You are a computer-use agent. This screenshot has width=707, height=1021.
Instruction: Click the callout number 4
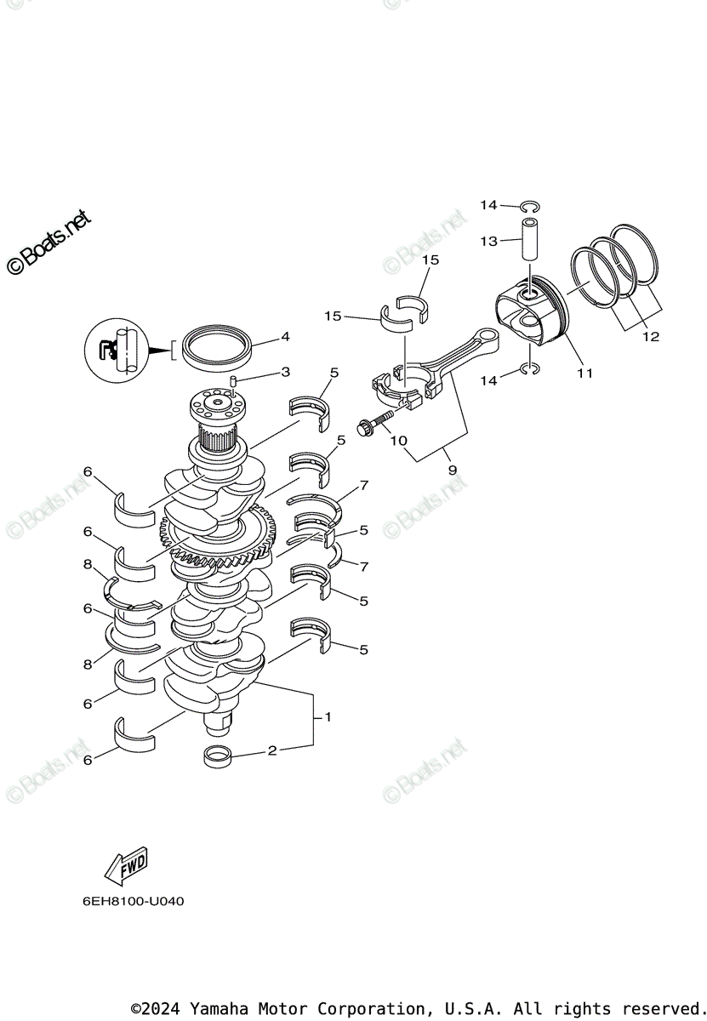click(285, 337)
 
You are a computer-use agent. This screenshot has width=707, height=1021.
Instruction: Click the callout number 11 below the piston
click(584, 372)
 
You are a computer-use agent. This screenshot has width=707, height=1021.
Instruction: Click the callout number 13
click(488, 242)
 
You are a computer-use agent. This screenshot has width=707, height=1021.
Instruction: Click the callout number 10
click(397, 441)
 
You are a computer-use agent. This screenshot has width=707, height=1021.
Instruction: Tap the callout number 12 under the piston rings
click(651, 337)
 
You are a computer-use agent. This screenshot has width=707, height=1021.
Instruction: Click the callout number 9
click(452, 470)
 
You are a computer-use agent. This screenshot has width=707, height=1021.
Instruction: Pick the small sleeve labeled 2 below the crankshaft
click(219, 755)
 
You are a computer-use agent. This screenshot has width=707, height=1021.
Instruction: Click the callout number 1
click(328, 717)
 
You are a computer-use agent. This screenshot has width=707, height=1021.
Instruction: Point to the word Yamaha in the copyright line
click(217, 1009)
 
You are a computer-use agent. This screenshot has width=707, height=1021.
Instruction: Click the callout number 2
click(272, 750)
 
